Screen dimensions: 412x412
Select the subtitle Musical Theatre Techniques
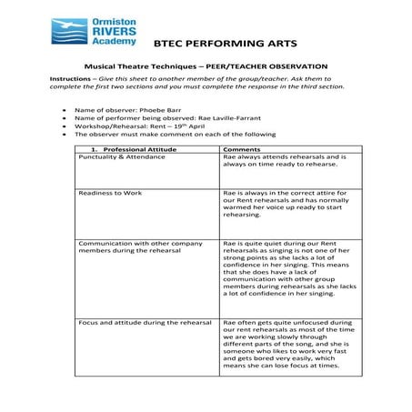[136, 66]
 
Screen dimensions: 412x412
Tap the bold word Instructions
[69, 79]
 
